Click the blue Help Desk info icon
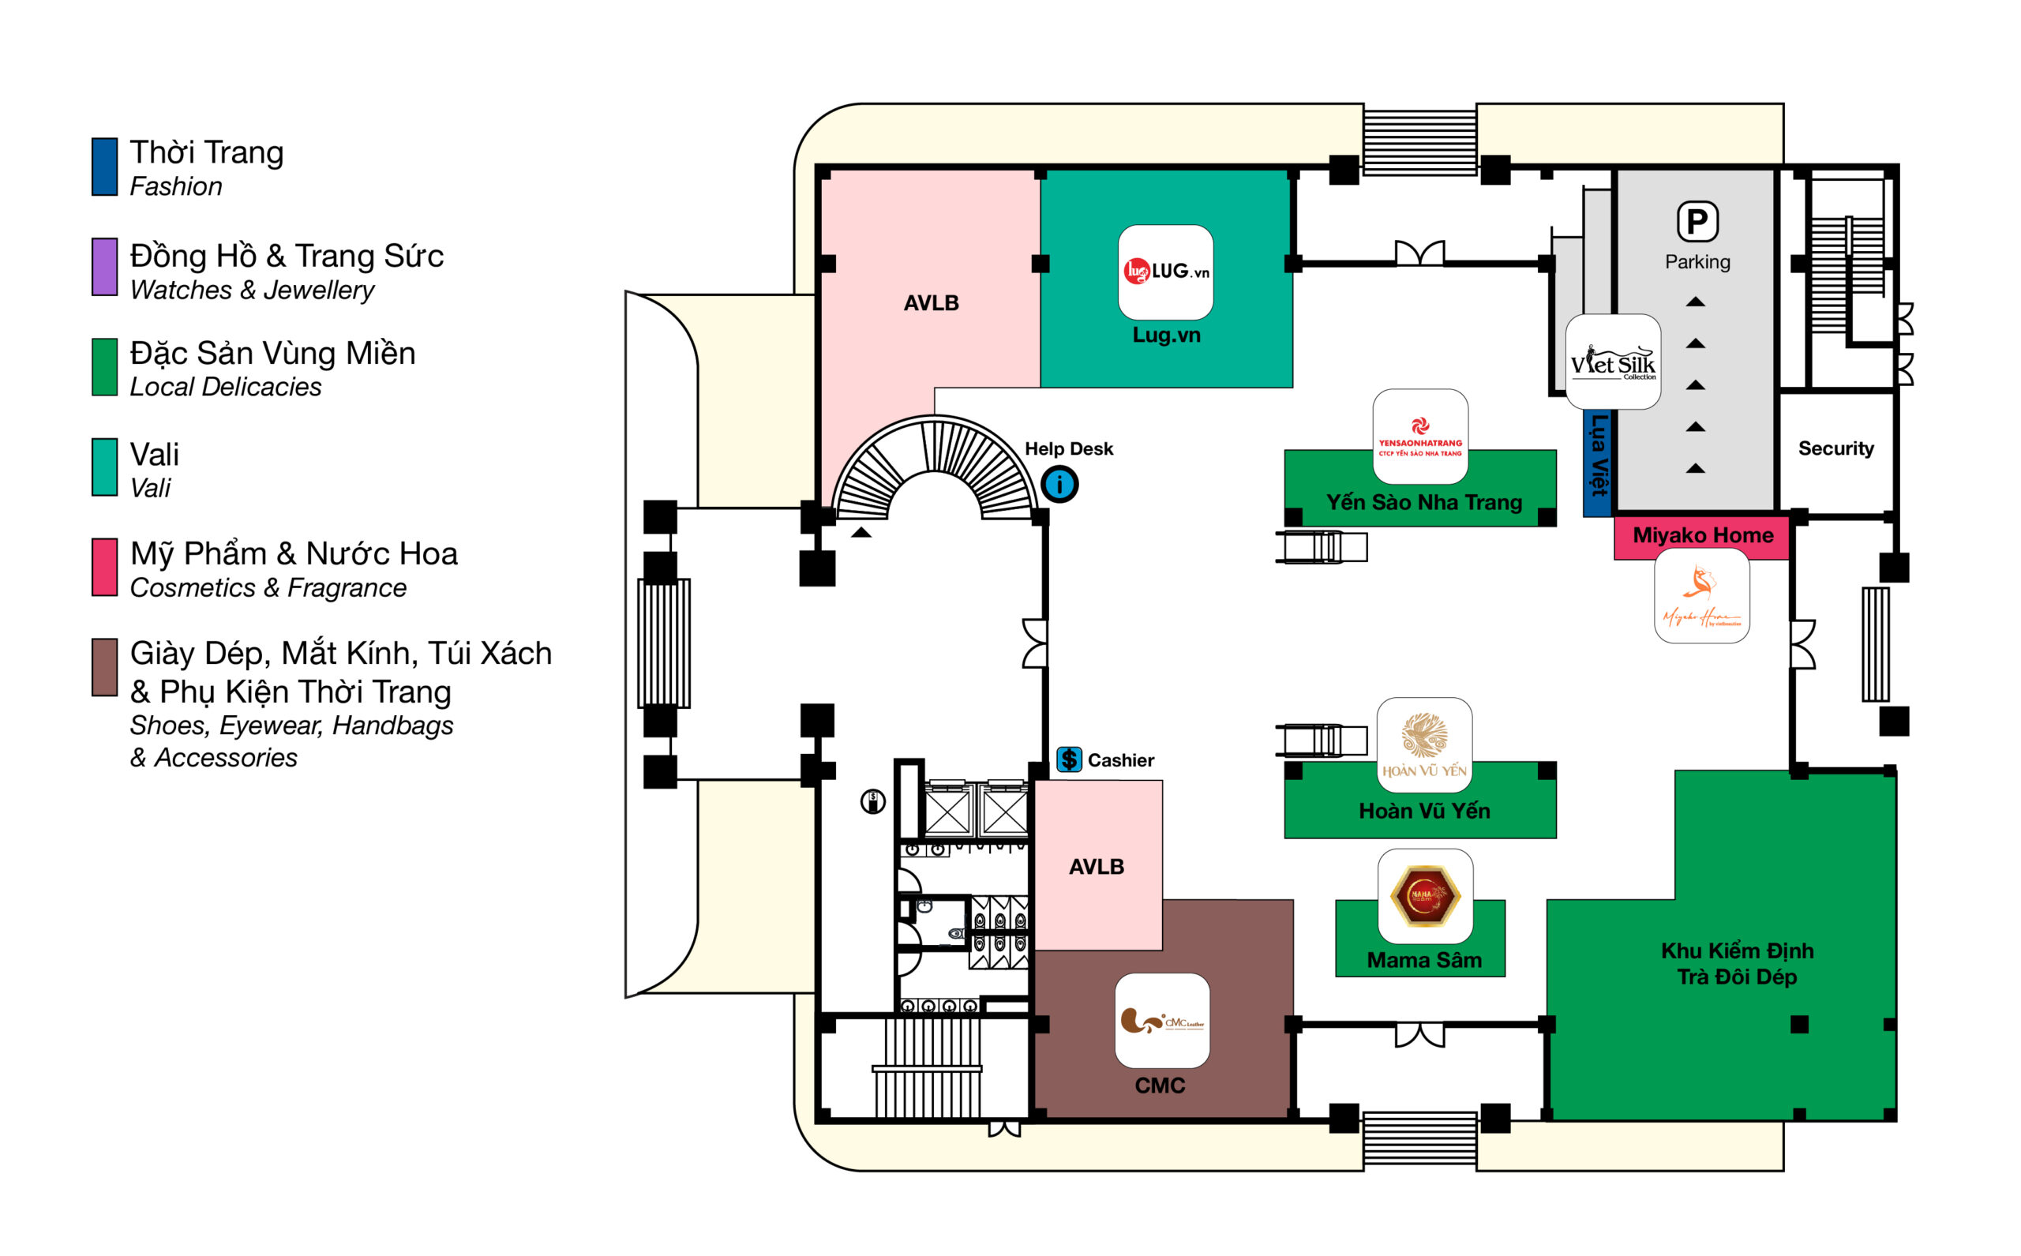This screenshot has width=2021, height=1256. point(1059,484)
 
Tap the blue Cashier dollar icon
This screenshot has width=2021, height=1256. point(1069,759)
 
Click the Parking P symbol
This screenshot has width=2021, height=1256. point(1697,222)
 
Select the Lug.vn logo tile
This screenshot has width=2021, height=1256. point(1165,272)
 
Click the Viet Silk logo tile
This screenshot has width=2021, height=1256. point(1612,362)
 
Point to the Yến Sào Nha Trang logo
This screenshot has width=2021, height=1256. point(1419,436)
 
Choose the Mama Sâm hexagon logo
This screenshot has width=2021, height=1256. point(1425,895)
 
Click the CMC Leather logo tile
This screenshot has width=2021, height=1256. point(1161,1020)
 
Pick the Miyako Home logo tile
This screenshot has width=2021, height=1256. point(1701,595)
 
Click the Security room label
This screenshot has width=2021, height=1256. point(1835,448)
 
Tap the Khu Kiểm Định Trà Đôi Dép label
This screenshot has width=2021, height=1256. point(1736,964)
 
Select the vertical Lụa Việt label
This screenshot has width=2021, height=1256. point(1598,455)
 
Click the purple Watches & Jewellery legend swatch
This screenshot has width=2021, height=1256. point(105,267)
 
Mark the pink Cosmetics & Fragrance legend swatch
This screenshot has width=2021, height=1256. point(105,568)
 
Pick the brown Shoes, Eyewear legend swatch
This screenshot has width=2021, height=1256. point(105,667)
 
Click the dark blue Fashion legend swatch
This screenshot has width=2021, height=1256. point(105,167)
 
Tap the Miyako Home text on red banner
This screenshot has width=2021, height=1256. point(1702,536)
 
